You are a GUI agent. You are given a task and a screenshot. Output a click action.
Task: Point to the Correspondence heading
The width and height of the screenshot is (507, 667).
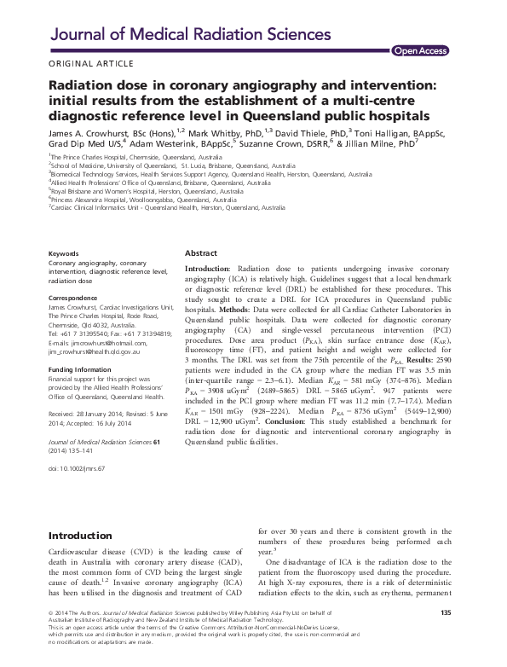[x=78, y=297]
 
